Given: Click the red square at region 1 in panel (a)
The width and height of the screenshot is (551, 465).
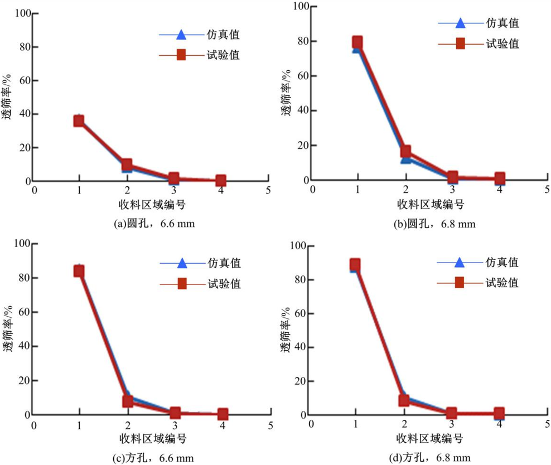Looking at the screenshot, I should [79, 120].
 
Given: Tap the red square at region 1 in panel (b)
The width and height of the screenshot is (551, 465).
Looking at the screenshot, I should [357, 42].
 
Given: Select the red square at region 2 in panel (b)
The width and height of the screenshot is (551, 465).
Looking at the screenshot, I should [405, 152].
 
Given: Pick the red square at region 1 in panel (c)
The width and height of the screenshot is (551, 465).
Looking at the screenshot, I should [79, 271].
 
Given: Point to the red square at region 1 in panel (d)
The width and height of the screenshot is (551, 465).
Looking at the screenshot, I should [355, 264].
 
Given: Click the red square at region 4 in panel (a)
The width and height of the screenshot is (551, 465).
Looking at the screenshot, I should [221, 180].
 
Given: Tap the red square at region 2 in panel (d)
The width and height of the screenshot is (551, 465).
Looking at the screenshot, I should [404, 400].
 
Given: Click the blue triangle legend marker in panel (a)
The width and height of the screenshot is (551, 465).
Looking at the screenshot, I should [181, 35].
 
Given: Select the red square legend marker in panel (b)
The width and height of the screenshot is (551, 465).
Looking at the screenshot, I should [460, 43].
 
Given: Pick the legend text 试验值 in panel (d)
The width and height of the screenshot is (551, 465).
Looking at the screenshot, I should [501, 283].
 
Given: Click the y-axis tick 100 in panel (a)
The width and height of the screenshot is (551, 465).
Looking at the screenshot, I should [22, 13].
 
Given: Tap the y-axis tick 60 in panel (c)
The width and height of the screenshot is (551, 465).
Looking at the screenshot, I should [23, 312].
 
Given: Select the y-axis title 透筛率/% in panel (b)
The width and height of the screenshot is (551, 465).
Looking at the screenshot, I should [286, 93].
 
